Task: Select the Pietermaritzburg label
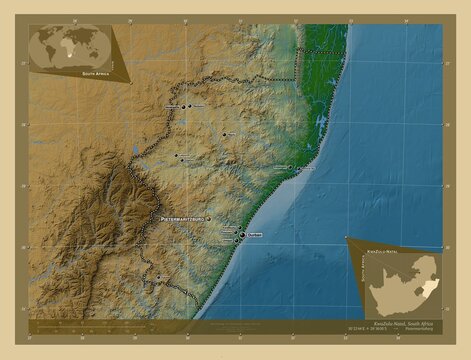tap(180, 217)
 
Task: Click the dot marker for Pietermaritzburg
tap(208, 217)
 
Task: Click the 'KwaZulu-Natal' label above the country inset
tap(383, 242)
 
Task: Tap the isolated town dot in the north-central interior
tap(225, 134)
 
